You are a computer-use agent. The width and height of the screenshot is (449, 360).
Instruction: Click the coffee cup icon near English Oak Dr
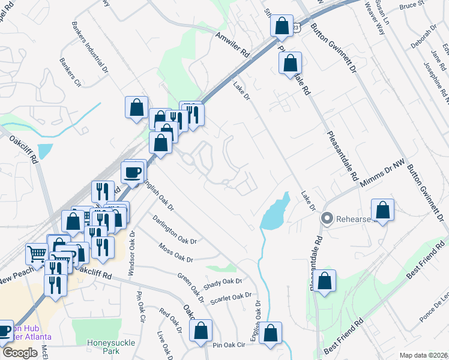tap(133, 172)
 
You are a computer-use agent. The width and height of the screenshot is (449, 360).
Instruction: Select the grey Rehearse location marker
tap(327, 218)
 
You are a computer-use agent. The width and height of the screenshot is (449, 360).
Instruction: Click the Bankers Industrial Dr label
tap(89, 48)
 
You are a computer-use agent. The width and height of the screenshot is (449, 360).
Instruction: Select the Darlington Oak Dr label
tap(174, 230)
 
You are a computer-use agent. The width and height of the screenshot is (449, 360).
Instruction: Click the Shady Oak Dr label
tap(222, 284)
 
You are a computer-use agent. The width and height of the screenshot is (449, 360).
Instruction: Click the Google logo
tap(20, 353)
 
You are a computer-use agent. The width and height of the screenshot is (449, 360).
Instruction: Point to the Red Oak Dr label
tap(170, 320)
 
